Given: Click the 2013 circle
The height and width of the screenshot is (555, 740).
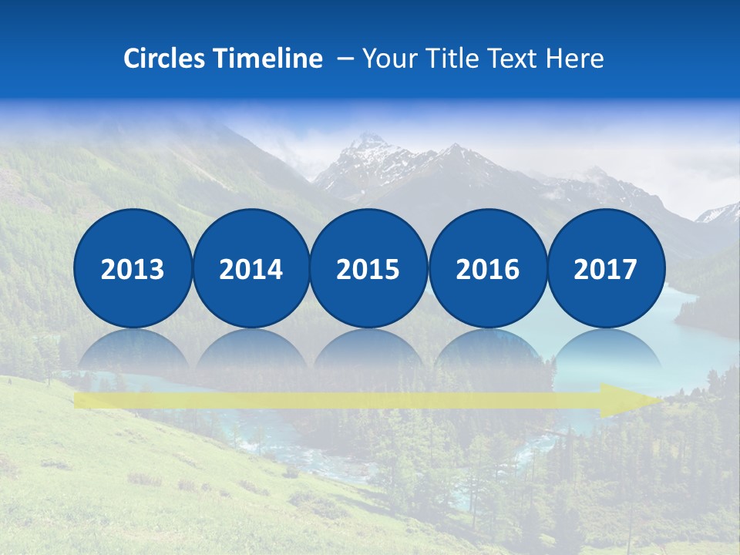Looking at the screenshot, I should pyautogui.click(x=133, y=269).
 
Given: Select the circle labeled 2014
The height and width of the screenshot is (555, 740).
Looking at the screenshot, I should pyautogui.click(x=251, y=269).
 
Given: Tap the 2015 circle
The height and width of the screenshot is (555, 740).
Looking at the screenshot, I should pyautogui.click(x=368, y=269).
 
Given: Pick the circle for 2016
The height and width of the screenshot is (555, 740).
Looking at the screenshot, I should pyautogui.click(x=487, y=269).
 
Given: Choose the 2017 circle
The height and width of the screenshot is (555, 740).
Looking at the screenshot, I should pyautogui.click(x=605, y=269).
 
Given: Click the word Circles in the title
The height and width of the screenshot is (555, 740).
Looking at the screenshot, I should pyautogui.click(x=166, y=59).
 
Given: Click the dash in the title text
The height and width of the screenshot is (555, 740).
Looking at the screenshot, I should pyautogui.click(x=345, y=59).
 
